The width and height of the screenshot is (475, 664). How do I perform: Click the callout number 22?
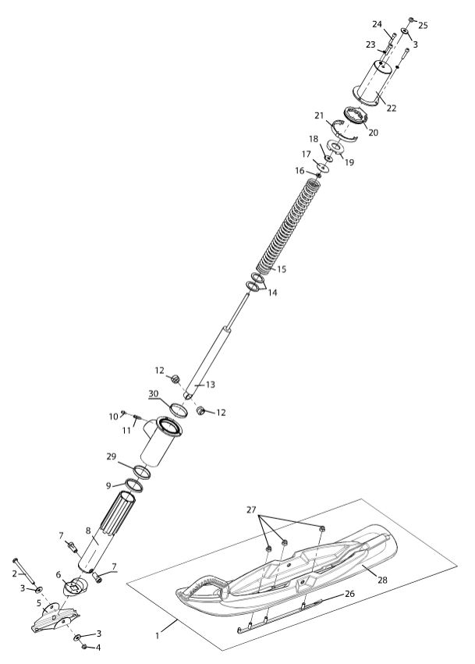point(392,108)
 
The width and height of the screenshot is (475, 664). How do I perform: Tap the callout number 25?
point(423,26)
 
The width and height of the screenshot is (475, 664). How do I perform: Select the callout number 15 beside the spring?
point(282,269)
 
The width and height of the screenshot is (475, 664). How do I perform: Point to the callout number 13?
point(211,385)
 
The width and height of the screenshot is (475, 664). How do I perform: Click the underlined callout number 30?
point(153,394)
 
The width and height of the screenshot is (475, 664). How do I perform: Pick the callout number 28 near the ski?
point(382,580)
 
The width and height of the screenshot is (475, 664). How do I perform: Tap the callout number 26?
point(349,594)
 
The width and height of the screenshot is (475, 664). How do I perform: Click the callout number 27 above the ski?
point(251,510)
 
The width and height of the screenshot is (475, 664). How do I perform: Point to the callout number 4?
point(98,648)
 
